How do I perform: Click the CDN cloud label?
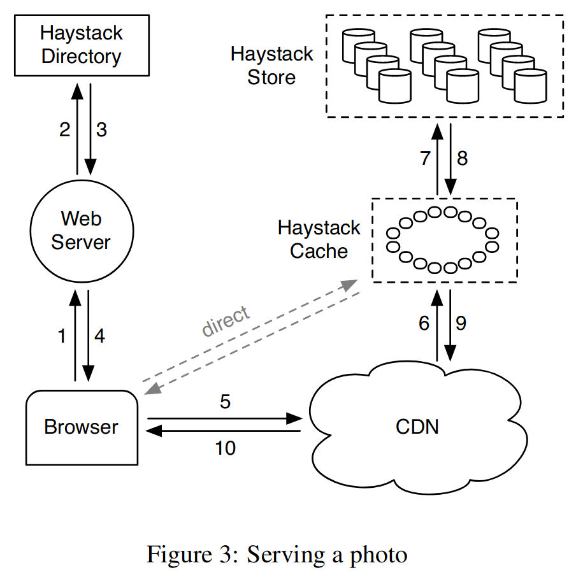point(417,427)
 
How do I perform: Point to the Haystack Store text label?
point(272,66)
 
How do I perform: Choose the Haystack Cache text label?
point(319,239)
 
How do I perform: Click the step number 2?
point(65,130)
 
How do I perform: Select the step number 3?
point(101,130)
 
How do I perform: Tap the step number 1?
point(62,336)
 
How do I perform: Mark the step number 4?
point(99,336)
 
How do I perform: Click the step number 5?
point(226,402)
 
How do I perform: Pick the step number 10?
point(226,448)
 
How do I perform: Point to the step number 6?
point(424,324)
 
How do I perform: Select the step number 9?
point(461,324)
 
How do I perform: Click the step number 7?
point(426,159)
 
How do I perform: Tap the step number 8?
point(462,159)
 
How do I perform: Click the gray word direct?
point(226,320)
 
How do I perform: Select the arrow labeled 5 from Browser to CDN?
point(224,418)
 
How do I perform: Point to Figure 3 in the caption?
point(192,555)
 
